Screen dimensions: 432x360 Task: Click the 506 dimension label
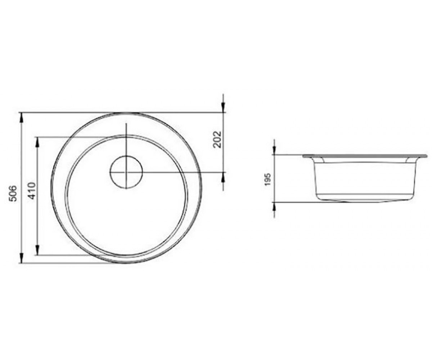(13, 194)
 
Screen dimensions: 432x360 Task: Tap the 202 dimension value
(217, 139)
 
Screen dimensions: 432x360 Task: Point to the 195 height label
(267, 179)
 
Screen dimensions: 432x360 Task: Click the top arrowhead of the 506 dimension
(21, 118)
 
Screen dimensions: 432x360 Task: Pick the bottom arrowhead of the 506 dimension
(21, 258)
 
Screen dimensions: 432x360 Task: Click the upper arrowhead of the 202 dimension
(223, 107)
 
